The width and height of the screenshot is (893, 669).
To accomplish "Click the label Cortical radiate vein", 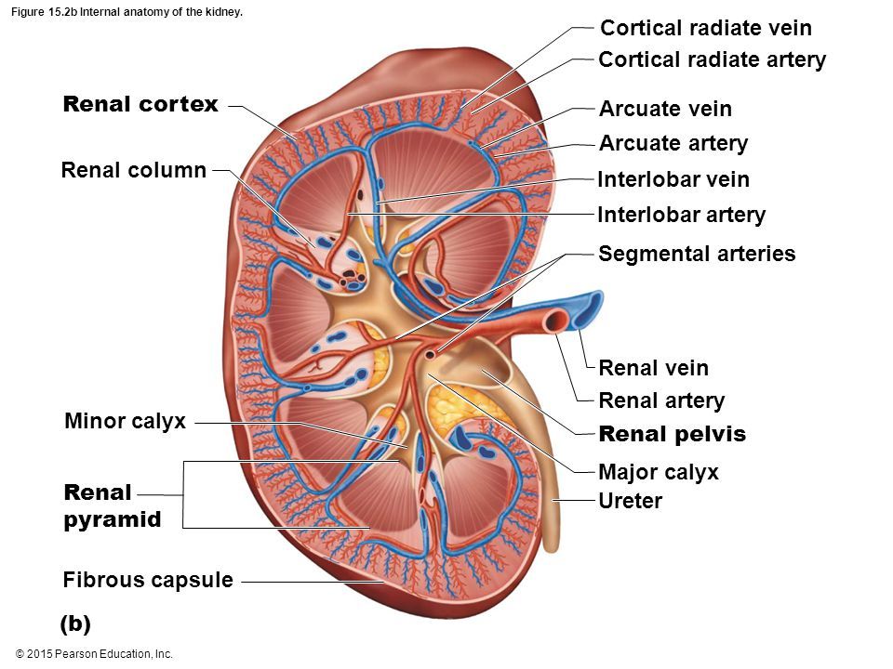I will point(706,28).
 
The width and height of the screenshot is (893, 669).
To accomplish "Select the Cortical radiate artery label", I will point(712,60).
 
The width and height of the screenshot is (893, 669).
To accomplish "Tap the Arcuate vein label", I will point(665,110).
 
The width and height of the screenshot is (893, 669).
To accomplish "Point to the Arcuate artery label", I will point(673,143).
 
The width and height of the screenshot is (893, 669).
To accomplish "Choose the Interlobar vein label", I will point(673,179).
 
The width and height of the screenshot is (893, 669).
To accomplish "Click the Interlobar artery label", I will point(681,216).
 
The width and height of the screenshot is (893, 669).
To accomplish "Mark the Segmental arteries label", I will point(697,254).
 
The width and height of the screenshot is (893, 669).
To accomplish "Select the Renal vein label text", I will point(653,368).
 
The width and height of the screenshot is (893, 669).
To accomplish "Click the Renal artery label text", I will point(661,401).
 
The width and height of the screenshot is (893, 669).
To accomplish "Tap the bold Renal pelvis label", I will point(673,434).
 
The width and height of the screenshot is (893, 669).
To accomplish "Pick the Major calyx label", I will point(659,472).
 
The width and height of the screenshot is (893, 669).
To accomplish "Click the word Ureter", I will point(631,502).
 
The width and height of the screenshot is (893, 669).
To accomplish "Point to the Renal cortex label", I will point(140,104).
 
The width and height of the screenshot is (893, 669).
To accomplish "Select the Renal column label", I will point(133,170).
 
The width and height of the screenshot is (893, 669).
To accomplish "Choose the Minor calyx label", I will point(126,422).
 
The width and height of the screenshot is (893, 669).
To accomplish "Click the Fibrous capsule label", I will point(148,582).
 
